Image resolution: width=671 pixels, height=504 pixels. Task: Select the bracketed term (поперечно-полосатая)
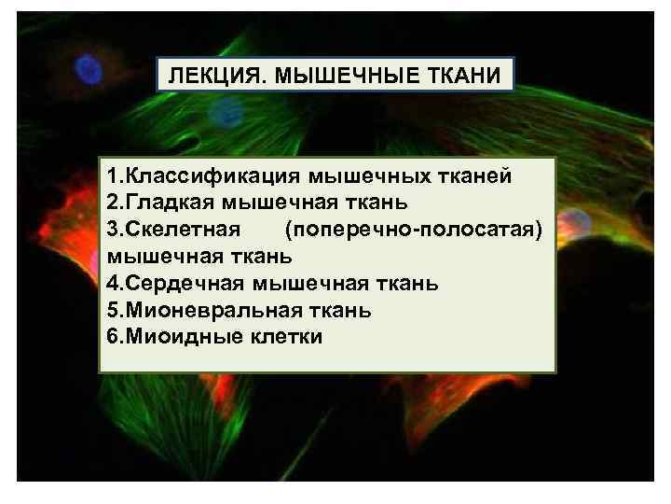413,229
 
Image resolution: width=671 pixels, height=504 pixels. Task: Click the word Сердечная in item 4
185,283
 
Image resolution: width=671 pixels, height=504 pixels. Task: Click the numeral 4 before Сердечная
113,283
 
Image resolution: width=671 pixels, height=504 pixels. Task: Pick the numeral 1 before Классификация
112,175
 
